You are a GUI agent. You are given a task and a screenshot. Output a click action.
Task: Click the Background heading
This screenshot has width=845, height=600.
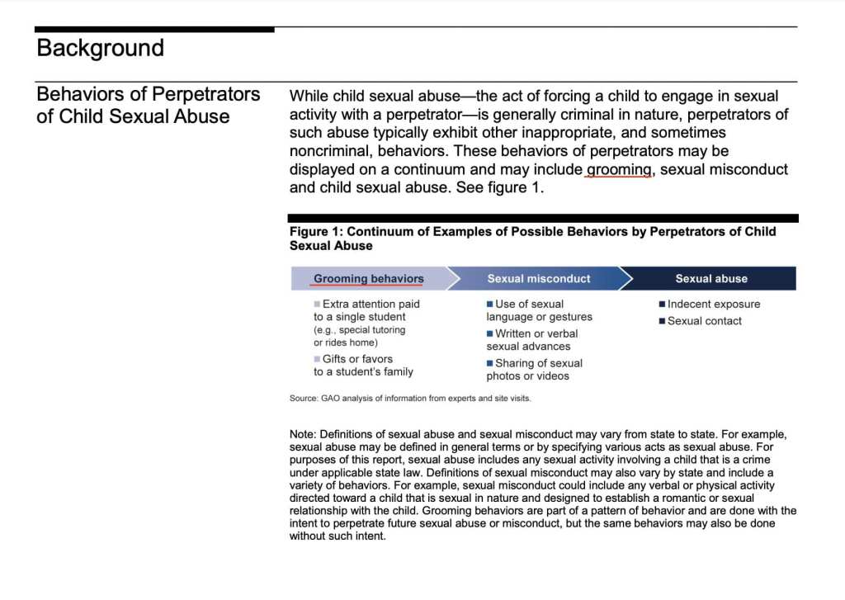point(100,48)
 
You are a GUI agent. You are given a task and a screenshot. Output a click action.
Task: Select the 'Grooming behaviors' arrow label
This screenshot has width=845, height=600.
point(369,279)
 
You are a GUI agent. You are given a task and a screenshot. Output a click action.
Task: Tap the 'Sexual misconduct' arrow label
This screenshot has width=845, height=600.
point(539,279)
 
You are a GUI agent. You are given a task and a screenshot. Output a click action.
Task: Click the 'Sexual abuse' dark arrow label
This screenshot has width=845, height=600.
point(711,279)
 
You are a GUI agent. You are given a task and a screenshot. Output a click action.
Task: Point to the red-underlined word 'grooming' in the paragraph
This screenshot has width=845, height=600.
point(619,169)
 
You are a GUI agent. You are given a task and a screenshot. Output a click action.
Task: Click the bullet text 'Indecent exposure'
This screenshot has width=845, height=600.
point(714,304)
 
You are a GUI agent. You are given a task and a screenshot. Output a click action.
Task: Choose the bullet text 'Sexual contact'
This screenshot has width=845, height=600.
point(705,321)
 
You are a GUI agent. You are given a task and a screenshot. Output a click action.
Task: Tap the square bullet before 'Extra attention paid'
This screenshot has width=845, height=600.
point(317,305)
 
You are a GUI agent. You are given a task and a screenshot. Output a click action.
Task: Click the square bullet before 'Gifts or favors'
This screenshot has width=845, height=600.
point(317,359)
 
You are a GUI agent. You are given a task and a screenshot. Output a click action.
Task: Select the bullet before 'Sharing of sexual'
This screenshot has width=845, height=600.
point(489,363)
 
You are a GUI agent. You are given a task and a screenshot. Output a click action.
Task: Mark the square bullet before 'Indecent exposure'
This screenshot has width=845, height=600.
point(662,304)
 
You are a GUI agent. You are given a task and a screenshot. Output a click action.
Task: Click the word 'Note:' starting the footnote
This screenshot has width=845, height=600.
point(303,434)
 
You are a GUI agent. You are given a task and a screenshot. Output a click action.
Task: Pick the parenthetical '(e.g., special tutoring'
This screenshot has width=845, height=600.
point(360,330)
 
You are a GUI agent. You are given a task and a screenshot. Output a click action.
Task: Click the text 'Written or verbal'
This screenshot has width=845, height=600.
point(536,333)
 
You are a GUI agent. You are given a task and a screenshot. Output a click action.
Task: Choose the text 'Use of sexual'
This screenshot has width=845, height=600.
point(529,304)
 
